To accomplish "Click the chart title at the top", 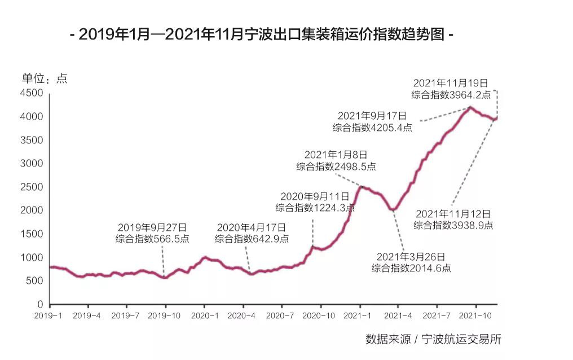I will (x=262, y=35).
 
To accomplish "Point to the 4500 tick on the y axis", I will (x=32, y=93).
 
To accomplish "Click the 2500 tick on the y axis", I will (x=32, y=187).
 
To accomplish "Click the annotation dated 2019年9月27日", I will (x=152, y=227).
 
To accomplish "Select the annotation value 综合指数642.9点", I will (x=252, y=239).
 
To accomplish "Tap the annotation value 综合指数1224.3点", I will (x=315, y=208).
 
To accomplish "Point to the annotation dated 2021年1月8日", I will (x=336, y=154).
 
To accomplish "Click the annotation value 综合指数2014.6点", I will (x=411, y=268).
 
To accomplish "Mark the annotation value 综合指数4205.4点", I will (x=372, y=127).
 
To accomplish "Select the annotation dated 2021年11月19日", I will (x=451, y=84).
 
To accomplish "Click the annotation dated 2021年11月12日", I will (x=453, y=214).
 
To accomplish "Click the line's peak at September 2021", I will (x=471, y=107).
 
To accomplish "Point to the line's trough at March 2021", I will (x=393, y=209).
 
